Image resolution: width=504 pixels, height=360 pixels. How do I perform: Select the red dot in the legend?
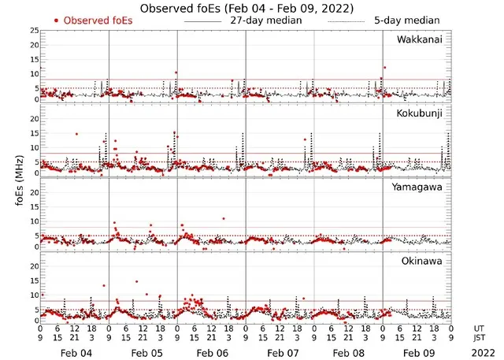[x=56, y=20]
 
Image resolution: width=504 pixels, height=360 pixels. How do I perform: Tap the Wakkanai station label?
[x=424, y=39]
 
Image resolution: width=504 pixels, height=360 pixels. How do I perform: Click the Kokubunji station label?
[x=424, y=113]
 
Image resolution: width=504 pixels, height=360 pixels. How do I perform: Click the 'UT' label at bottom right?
[x=479, y=328]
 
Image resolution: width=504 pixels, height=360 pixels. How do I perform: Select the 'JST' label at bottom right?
[x=480, y=338]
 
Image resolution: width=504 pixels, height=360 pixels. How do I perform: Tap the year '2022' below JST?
[x=480, y=353]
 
